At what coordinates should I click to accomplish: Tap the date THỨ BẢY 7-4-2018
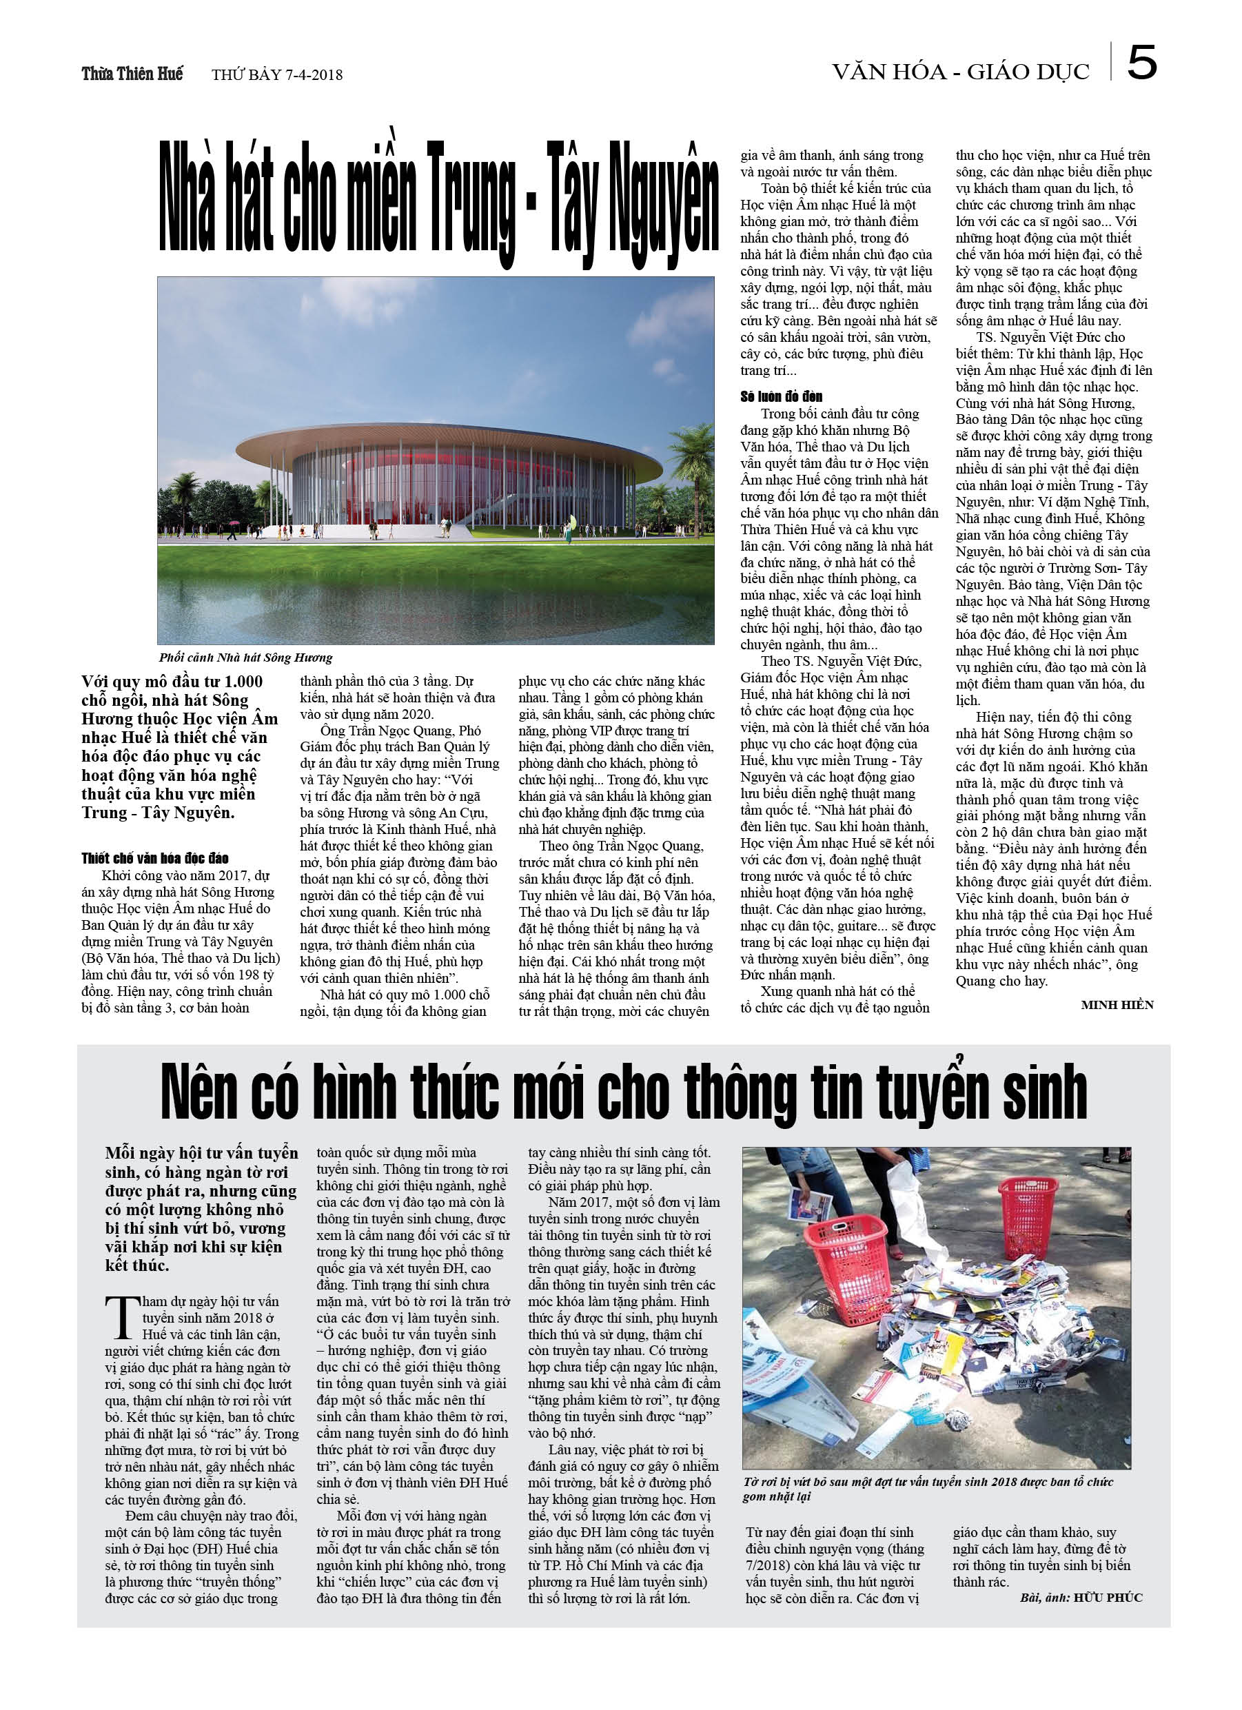[x=277, y=74]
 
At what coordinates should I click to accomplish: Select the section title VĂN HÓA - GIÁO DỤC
[x=961, y=72]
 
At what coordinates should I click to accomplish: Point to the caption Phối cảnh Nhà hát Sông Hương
[x=246, y=658]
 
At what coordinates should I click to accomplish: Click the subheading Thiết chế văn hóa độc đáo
[x=155, y=858]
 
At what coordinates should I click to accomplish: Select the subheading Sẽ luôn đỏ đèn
[x=781, y=396]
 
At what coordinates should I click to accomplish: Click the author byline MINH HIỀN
[x=1117, y=1004]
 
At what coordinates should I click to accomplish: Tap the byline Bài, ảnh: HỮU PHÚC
[x=1081, y=1598]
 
